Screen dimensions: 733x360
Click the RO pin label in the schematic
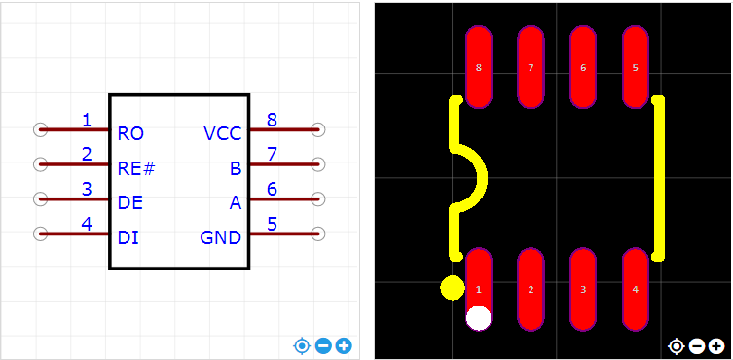pos(130,134)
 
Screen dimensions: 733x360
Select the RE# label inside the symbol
pos(136,168)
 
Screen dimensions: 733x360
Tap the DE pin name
pos(130,203)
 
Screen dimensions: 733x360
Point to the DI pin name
pos(128,238)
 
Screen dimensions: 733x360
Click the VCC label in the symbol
pos(223,134)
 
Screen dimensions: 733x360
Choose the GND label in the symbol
pos(221,238)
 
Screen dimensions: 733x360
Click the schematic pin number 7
pos(272,155)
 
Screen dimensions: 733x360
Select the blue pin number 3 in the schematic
pos(87,189)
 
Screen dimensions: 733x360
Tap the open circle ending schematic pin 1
pos(41,129)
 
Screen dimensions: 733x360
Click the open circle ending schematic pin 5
pos(318,234)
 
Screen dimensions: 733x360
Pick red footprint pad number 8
pos(478,67)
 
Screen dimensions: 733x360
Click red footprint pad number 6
pos(582,67)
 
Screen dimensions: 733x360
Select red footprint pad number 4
pos(635,289)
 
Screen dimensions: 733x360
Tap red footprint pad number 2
pos(531,289)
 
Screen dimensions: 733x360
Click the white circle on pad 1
pos(478,318)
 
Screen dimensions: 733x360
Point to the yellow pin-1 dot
pos(453,288)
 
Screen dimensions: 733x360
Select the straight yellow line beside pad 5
pos(659,178)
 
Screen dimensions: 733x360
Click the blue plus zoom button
pos(344,346)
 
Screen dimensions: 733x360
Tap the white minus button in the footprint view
pos(697,346)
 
